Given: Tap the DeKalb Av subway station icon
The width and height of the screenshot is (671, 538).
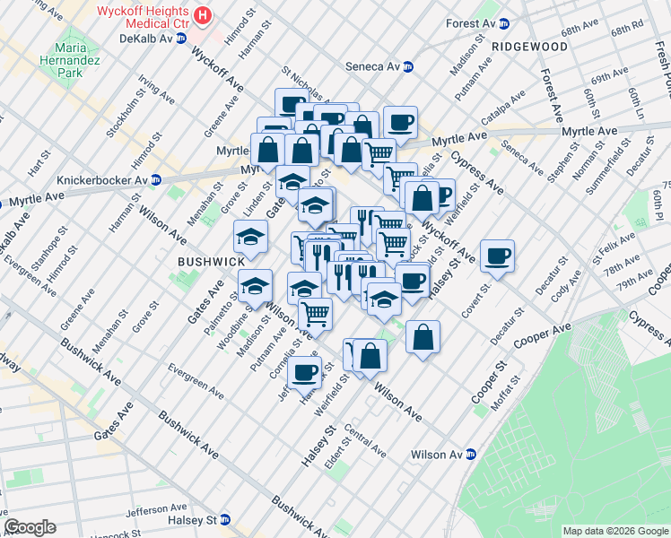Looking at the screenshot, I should [x=181, y=39].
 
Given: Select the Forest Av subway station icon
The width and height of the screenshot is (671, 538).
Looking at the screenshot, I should [x=504, y=24].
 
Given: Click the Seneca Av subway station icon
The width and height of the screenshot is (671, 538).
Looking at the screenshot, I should [x=408, y=66].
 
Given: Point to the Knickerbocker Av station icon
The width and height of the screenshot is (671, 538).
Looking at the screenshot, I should [x=156, y=179].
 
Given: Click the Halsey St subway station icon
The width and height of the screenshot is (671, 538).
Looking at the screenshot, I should [x=225, y=520].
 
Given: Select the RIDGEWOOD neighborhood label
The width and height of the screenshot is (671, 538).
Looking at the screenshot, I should [x=529, y=46].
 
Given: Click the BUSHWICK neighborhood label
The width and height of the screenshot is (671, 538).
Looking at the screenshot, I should [x=211, y=261].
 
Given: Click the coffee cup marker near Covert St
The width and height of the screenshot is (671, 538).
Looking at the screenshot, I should [x=496, y=257].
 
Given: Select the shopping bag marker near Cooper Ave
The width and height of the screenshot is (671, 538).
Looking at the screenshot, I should [x=423, y=338].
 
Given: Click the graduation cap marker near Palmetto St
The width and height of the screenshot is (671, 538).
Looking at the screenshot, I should [x=255, y=286].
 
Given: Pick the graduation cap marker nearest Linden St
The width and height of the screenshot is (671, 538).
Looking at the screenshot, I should [x=250, y=237].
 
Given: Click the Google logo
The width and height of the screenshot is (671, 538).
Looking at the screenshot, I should [x=30, y=527].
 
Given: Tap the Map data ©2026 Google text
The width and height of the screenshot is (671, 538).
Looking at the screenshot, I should [x=614, y=531].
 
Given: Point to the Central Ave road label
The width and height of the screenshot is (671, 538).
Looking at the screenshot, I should [x=364, y=443].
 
